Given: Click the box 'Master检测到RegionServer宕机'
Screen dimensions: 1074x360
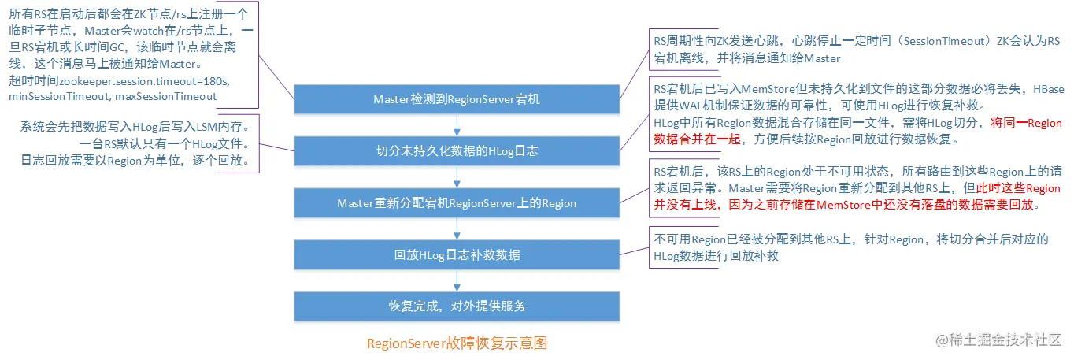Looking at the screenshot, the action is click(457, 99).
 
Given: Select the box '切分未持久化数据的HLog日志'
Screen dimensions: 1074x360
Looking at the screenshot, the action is click(457, 151).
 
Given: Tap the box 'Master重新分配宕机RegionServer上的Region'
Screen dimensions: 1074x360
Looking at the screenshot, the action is click(457, 203).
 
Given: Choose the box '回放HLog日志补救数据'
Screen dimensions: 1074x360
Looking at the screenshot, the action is click(457, 255).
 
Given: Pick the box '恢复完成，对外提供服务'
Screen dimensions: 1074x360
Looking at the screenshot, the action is click(457, 306).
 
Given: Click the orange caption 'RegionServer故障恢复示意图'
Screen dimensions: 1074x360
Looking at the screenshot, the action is click(457, 343).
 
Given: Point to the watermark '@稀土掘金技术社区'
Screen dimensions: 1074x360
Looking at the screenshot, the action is click(998, 340).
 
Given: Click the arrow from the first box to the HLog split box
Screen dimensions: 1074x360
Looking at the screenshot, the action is click(457, 125).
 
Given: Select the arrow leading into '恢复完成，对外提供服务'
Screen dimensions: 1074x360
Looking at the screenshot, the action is click(457, 280).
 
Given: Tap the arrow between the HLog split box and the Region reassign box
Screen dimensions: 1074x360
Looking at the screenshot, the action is click(457, 177).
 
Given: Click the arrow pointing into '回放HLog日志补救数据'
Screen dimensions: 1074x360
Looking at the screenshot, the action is click(457, 229).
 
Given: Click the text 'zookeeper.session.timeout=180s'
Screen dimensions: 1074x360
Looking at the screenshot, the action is click(144, 81).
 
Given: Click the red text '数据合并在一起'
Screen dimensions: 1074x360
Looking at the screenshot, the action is click(697, 139).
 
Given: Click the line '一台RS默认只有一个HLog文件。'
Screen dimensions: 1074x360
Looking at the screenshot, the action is click(165, 144).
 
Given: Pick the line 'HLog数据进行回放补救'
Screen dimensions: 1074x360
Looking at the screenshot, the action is click(716, 256).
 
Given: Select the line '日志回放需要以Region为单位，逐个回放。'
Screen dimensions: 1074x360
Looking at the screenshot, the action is click(135, 161).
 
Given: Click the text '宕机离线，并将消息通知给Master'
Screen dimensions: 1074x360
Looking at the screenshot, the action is click(747, 58).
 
